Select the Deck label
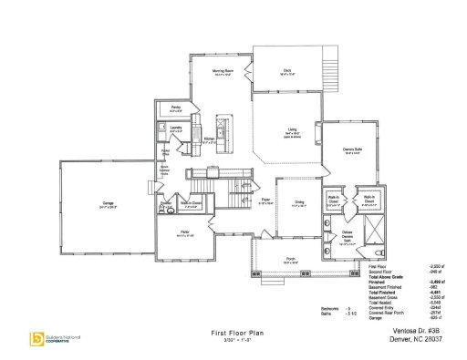point(285,70)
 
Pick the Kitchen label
point(208,139)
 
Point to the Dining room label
point(296,203)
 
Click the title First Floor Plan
point(224,334)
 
